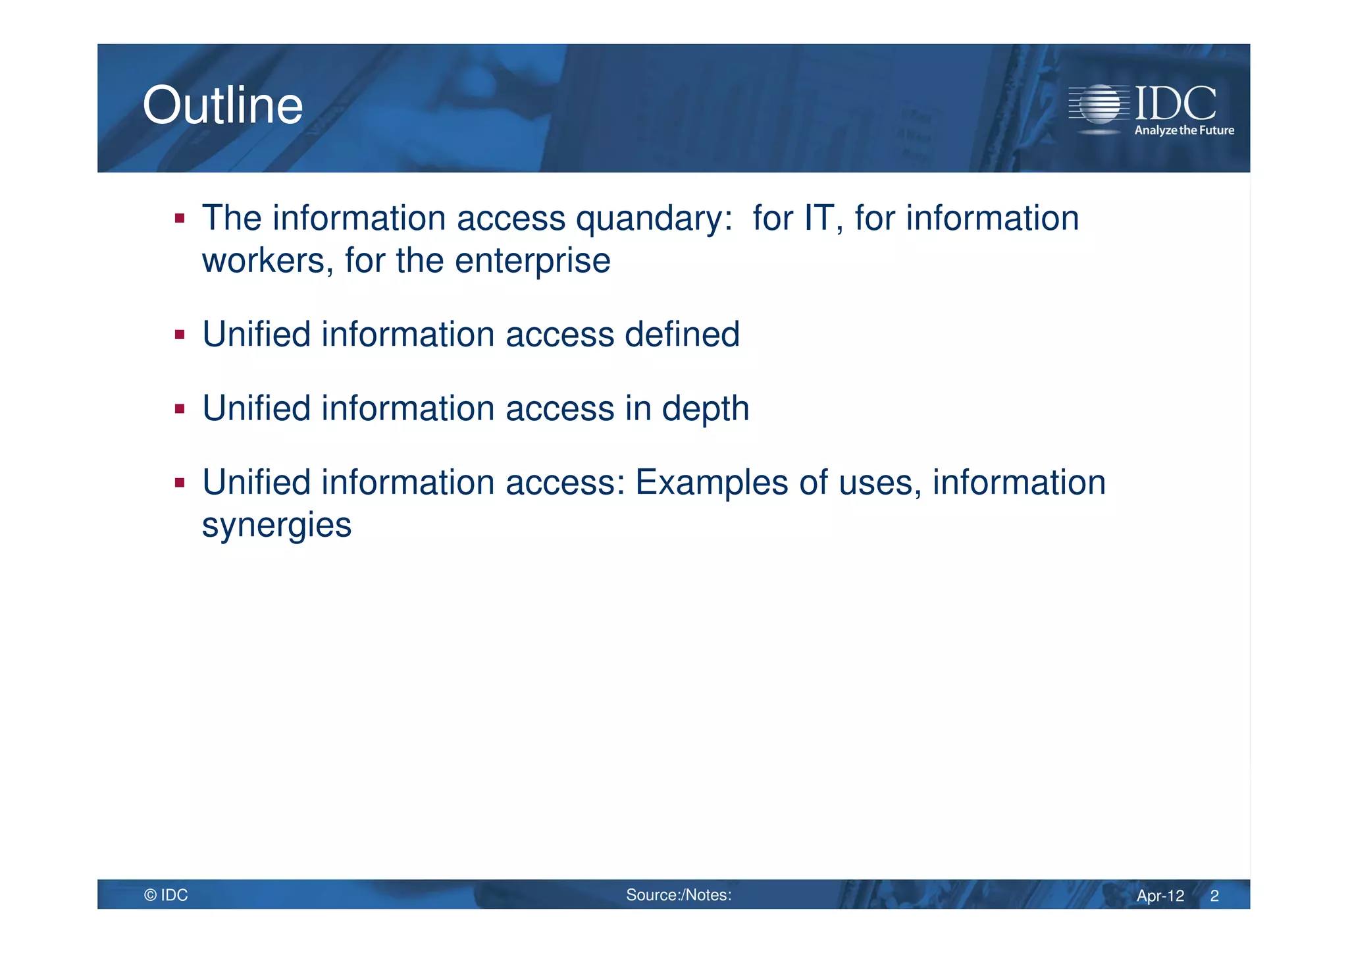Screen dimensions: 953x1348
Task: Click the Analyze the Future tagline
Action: (x=1183, y=130)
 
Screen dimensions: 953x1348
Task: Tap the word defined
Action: (x=682, y=334)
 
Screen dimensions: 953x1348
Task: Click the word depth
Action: (x=705, y=409)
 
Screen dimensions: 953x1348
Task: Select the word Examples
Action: (x=712, y=483)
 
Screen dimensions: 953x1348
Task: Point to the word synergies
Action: (x=276, y=526)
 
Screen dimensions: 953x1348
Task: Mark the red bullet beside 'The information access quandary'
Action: (x=180, y=218)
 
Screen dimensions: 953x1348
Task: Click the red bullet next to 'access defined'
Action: (x=180, y=335)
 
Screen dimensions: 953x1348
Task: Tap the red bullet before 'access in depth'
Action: (x=180, y=409)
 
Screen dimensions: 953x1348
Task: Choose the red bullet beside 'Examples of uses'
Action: (x=180, y=483)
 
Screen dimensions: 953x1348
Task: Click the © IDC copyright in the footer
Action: (x=166, y=895)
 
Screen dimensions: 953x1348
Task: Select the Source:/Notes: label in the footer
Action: (x=679, y=895)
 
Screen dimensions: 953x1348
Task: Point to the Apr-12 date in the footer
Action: (x=1160, y=896)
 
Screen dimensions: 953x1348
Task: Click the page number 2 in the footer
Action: (x=1214, y=896)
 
